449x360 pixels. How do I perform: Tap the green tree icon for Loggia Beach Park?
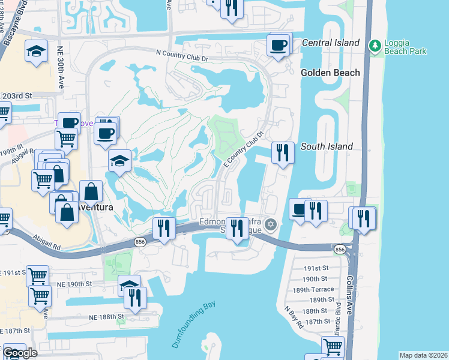[x=376, y=46]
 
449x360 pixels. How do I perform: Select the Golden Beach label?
[x=330, y=73]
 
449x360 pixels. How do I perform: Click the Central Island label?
[x=330, y=43]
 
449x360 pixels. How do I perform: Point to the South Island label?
[x=327, y=146]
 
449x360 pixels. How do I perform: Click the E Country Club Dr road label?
[x=244, y=150]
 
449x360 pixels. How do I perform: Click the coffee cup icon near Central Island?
[x=279, y=46]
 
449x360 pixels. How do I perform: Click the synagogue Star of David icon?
[x=271, y=225]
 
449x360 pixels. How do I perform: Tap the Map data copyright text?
[x=423, y=355]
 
